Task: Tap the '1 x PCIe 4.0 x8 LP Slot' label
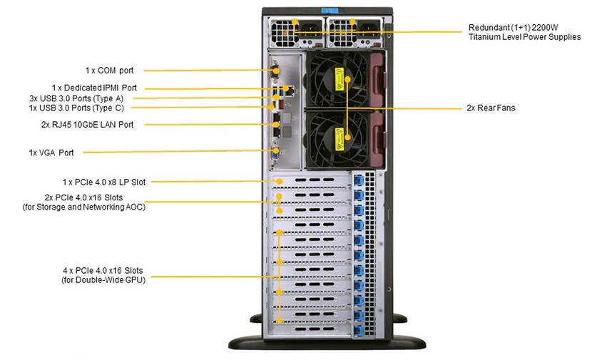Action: coord(103,182)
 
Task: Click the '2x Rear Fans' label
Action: coord(490,108)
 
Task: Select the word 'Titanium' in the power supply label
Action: coord(486,37)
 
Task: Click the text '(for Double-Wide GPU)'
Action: coord(102,280)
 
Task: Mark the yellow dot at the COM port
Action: coord(275,71)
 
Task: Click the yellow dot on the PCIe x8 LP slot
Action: coord(280,182)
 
